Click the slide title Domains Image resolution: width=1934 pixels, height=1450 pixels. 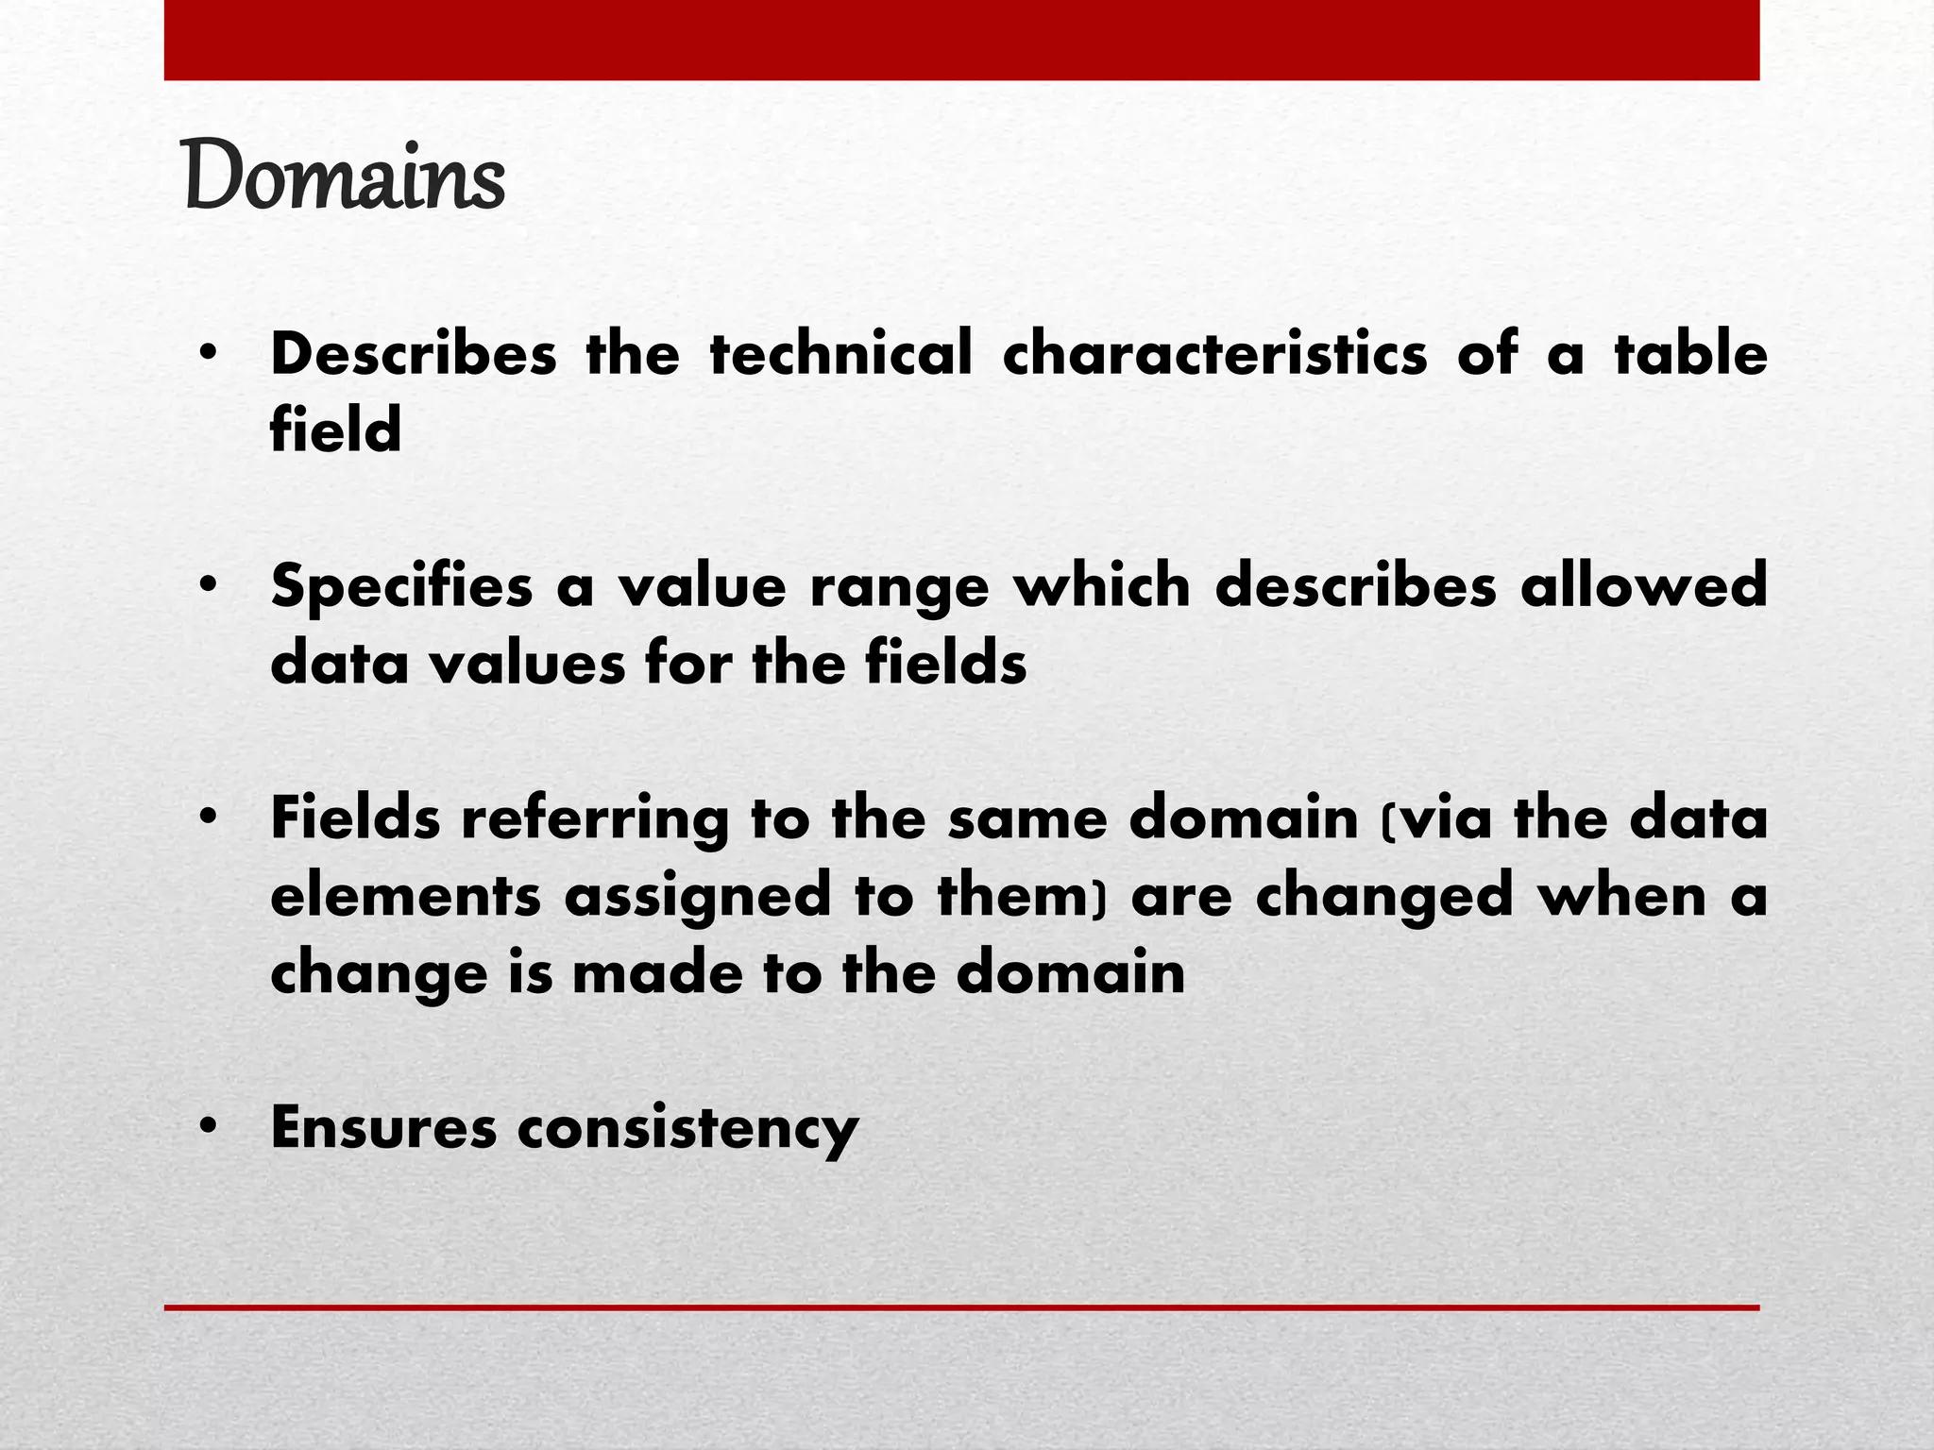tap(346, 175)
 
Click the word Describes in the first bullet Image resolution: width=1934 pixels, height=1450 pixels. tap(414, 354)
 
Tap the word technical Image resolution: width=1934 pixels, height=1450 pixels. tap(840, 354)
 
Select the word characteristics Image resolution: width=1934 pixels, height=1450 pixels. tap(1214, 354)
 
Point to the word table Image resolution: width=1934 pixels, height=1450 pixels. tap(1690, 354)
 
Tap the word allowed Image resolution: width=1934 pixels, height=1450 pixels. tap(1643, 585)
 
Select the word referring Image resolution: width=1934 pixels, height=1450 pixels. tap(595, 819)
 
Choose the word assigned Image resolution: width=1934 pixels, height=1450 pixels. tap(697, 897)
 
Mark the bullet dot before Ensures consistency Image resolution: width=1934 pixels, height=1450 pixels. tap(209, 1126)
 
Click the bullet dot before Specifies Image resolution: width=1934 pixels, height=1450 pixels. tap(209, 585)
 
